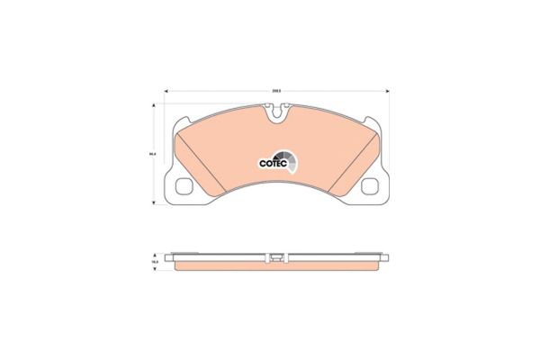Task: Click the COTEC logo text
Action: pyautogui.click(x=273, y=164)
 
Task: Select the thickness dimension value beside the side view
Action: pyautogui.click(x=154, y=261)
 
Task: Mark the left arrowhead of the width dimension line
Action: pyautogui.click(x=165, y=92)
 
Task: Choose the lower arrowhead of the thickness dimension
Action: pyautogui.click(x=154, y=269)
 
